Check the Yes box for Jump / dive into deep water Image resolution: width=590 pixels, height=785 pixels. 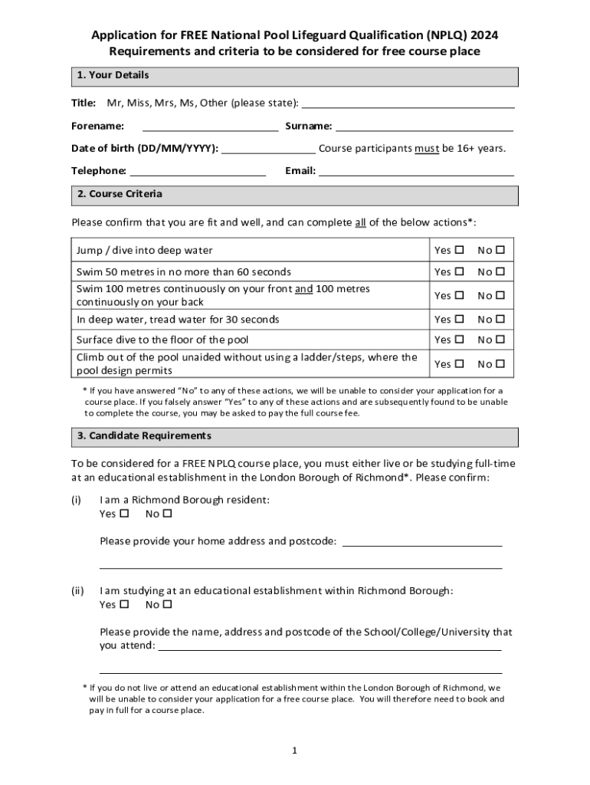click(460, 251)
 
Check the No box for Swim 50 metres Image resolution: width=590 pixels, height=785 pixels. click(501, 272)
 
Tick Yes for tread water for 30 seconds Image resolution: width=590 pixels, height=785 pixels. click(460, 320)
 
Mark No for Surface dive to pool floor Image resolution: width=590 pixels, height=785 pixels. click(501, 340)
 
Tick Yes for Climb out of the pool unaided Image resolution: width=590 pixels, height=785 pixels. click(460, 364)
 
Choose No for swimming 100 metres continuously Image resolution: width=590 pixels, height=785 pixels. click(501, 296)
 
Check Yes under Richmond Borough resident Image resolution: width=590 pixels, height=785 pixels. click(125, 514)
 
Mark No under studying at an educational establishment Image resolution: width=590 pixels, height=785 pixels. click(168, 605)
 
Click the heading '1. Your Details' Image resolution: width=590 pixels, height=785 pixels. click(113, 76)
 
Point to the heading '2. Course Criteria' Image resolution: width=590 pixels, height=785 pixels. click(120, 195)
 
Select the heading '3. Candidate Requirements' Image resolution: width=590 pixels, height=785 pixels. click(143, 436)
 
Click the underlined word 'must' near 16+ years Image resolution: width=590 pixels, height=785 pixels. click(427, 149)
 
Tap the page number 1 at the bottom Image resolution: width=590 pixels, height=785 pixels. click(294, 751)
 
